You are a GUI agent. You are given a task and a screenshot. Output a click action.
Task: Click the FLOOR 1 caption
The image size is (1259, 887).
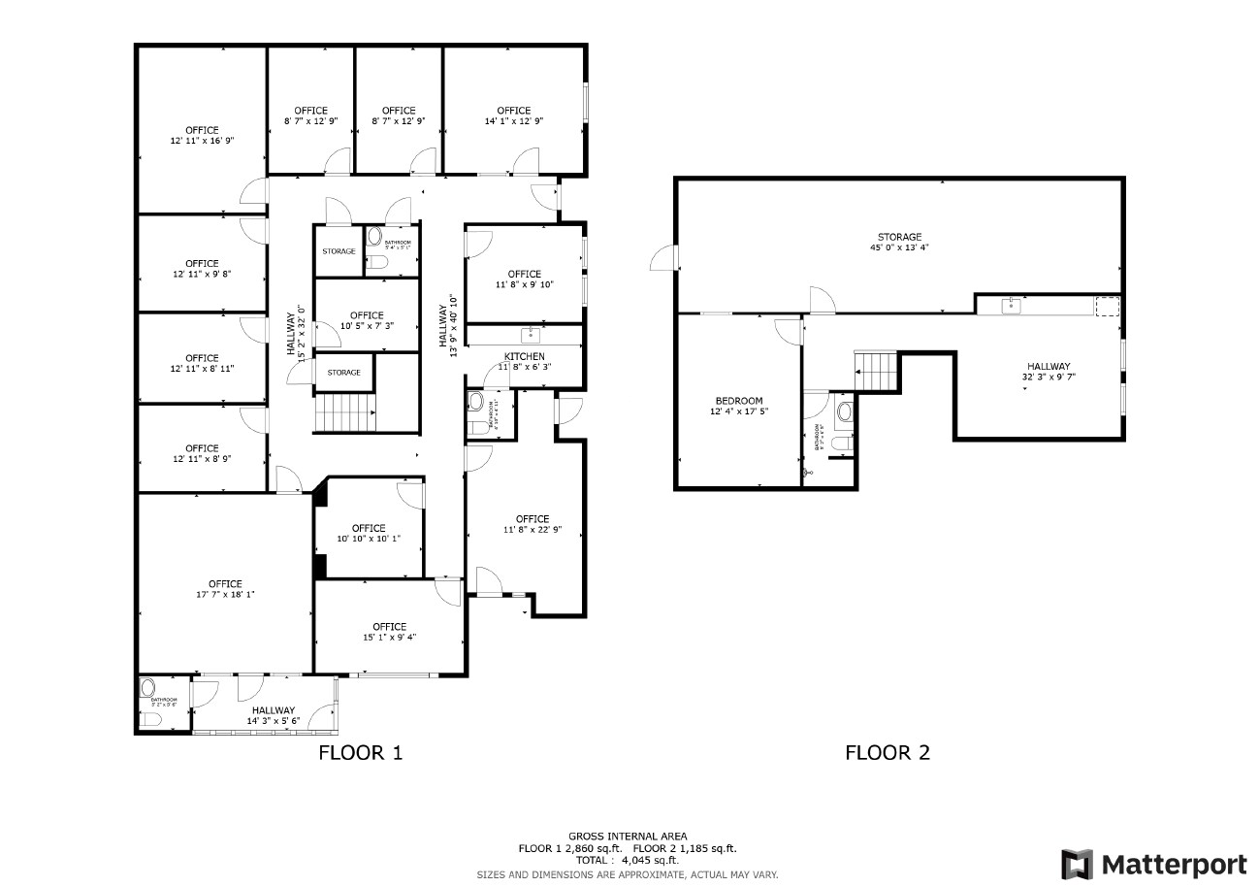coord(360,752)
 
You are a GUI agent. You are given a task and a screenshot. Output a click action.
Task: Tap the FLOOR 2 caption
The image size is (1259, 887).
coord(888,752)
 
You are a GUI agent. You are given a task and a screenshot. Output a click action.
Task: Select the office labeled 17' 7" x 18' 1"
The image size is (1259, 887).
coord(224,589)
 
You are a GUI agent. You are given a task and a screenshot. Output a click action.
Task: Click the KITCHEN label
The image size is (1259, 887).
coord(524,356)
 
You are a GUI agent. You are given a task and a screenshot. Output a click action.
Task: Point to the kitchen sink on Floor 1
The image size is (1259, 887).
coord(530,335)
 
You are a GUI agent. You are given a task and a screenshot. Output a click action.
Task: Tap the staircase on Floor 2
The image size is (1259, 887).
coord(877,371)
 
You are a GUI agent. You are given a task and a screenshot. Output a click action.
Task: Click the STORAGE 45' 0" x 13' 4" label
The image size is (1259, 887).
coord(899,242)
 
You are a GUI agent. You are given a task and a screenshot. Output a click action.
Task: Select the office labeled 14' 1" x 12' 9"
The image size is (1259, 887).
coord(513,115)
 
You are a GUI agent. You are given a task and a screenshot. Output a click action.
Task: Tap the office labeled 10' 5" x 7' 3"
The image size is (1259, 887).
coord(367,320)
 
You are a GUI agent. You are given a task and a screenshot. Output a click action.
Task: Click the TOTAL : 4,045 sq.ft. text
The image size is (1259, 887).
coord(627,860)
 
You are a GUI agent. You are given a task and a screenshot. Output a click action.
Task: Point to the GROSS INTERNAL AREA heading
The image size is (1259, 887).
coord(628,836)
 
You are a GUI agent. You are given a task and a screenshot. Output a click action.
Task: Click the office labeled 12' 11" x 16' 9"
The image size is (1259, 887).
coord(202,135)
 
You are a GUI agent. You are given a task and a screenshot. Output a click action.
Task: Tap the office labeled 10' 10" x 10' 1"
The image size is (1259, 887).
coord(369,533)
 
